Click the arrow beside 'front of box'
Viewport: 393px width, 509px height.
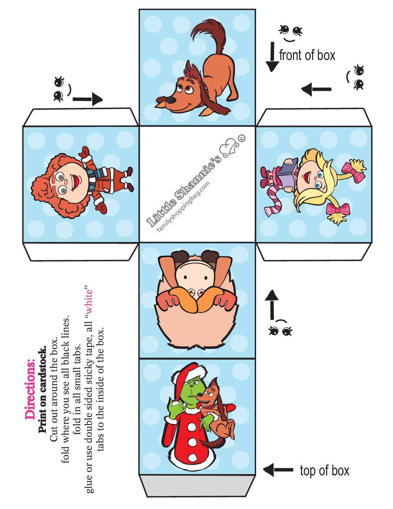272,57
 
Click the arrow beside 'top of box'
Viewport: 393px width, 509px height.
278,470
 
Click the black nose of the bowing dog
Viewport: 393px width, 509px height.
171,100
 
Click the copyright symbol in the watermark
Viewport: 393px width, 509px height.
242,138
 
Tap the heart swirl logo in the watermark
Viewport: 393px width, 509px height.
230,149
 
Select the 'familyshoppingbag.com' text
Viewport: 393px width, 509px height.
183,207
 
